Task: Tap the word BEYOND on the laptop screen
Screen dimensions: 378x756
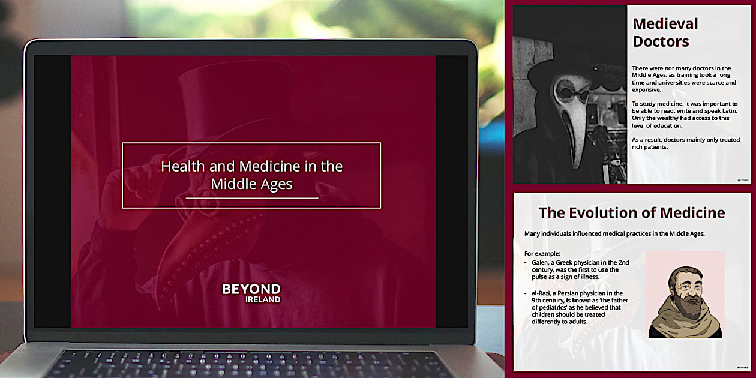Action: (x=251, y=289)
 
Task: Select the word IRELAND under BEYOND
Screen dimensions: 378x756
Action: (x=262, y=299)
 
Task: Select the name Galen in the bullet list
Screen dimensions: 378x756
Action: (x=541, y=262)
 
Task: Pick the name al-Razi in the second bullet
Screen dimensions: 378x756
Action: (x=542, y=292)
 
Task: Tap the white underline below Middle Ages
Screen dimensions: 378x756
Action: (x=251, y=197)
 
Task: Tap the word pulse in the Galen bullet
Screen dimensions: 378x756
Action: (x=541, y=277)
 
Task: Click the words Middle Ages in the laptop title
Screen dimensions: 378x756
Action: (x=251, y=184)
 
